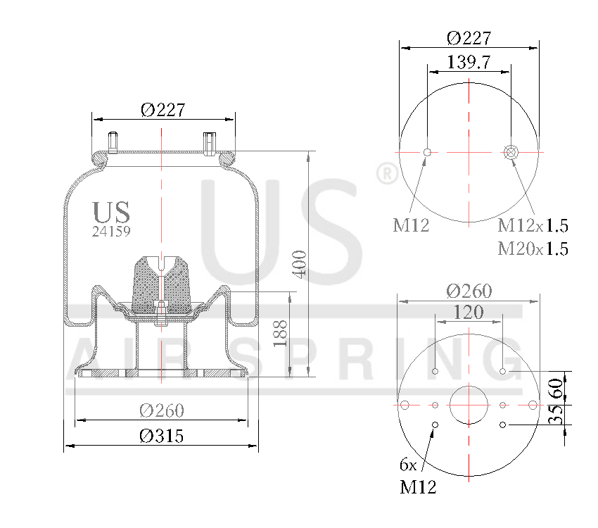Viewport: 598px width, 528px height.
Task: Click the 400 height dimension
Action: coord(300,263)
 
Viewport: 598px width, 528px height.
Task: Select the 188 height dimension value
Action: coord(281,333)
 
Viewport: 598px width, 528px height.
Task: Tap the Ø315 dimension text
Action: coord(161,436)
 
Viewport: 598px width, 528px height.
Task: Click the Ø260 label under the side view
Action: coord(161,410)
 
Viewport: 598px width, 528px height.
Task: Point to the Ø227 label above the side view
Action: coord(163,110)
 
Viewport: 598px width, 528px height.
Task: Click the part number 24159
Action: coord(111,230)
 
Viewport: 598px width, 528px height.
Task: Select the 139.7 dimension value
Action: coord(469,62)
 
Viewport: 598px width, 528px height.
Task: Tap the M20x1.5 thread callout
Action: coord(533,249)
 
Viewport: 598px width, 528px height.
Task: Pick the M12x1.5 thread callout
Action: coord(533,226)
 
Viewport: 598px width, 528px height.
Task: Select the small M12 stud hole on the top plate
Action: coord(427,151)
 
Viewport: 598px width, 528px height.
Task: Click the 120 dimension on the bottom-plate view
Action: coord(469,312)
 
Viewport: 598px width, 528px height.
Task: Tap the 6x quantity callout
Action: coord(408,465)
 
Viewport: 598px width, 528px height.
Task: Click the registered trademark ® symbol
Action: coord(386,174)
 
